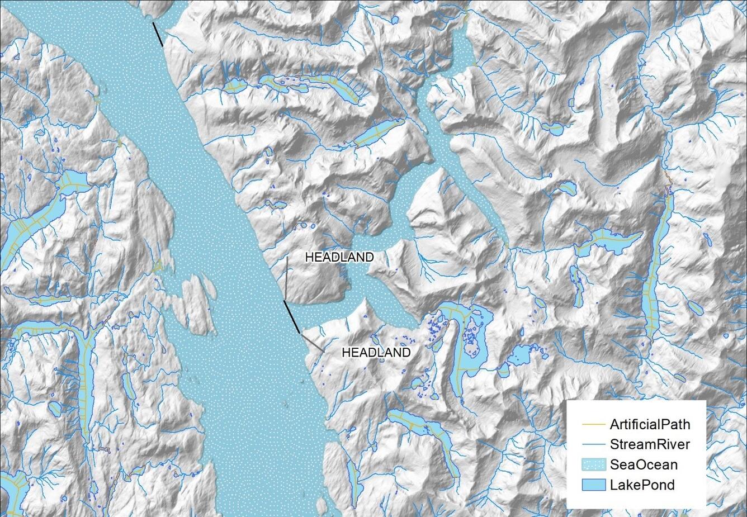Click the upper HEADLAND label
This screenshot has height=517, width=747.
pos(339,257)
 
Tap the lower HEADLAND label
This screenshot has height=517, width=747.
pos(376,353)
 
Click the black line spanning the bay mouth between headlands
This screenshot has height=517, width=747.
pos(291,316)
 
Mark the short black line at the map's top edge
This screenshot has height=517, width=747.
pos(158,34)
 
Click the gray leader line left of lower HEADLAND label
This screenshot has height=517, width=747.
pos(312,343)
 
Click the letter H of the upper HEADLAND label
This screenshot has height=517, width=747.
pos(309,257)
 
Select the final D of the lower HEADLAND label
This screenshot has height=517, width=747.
pos(406,353)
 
